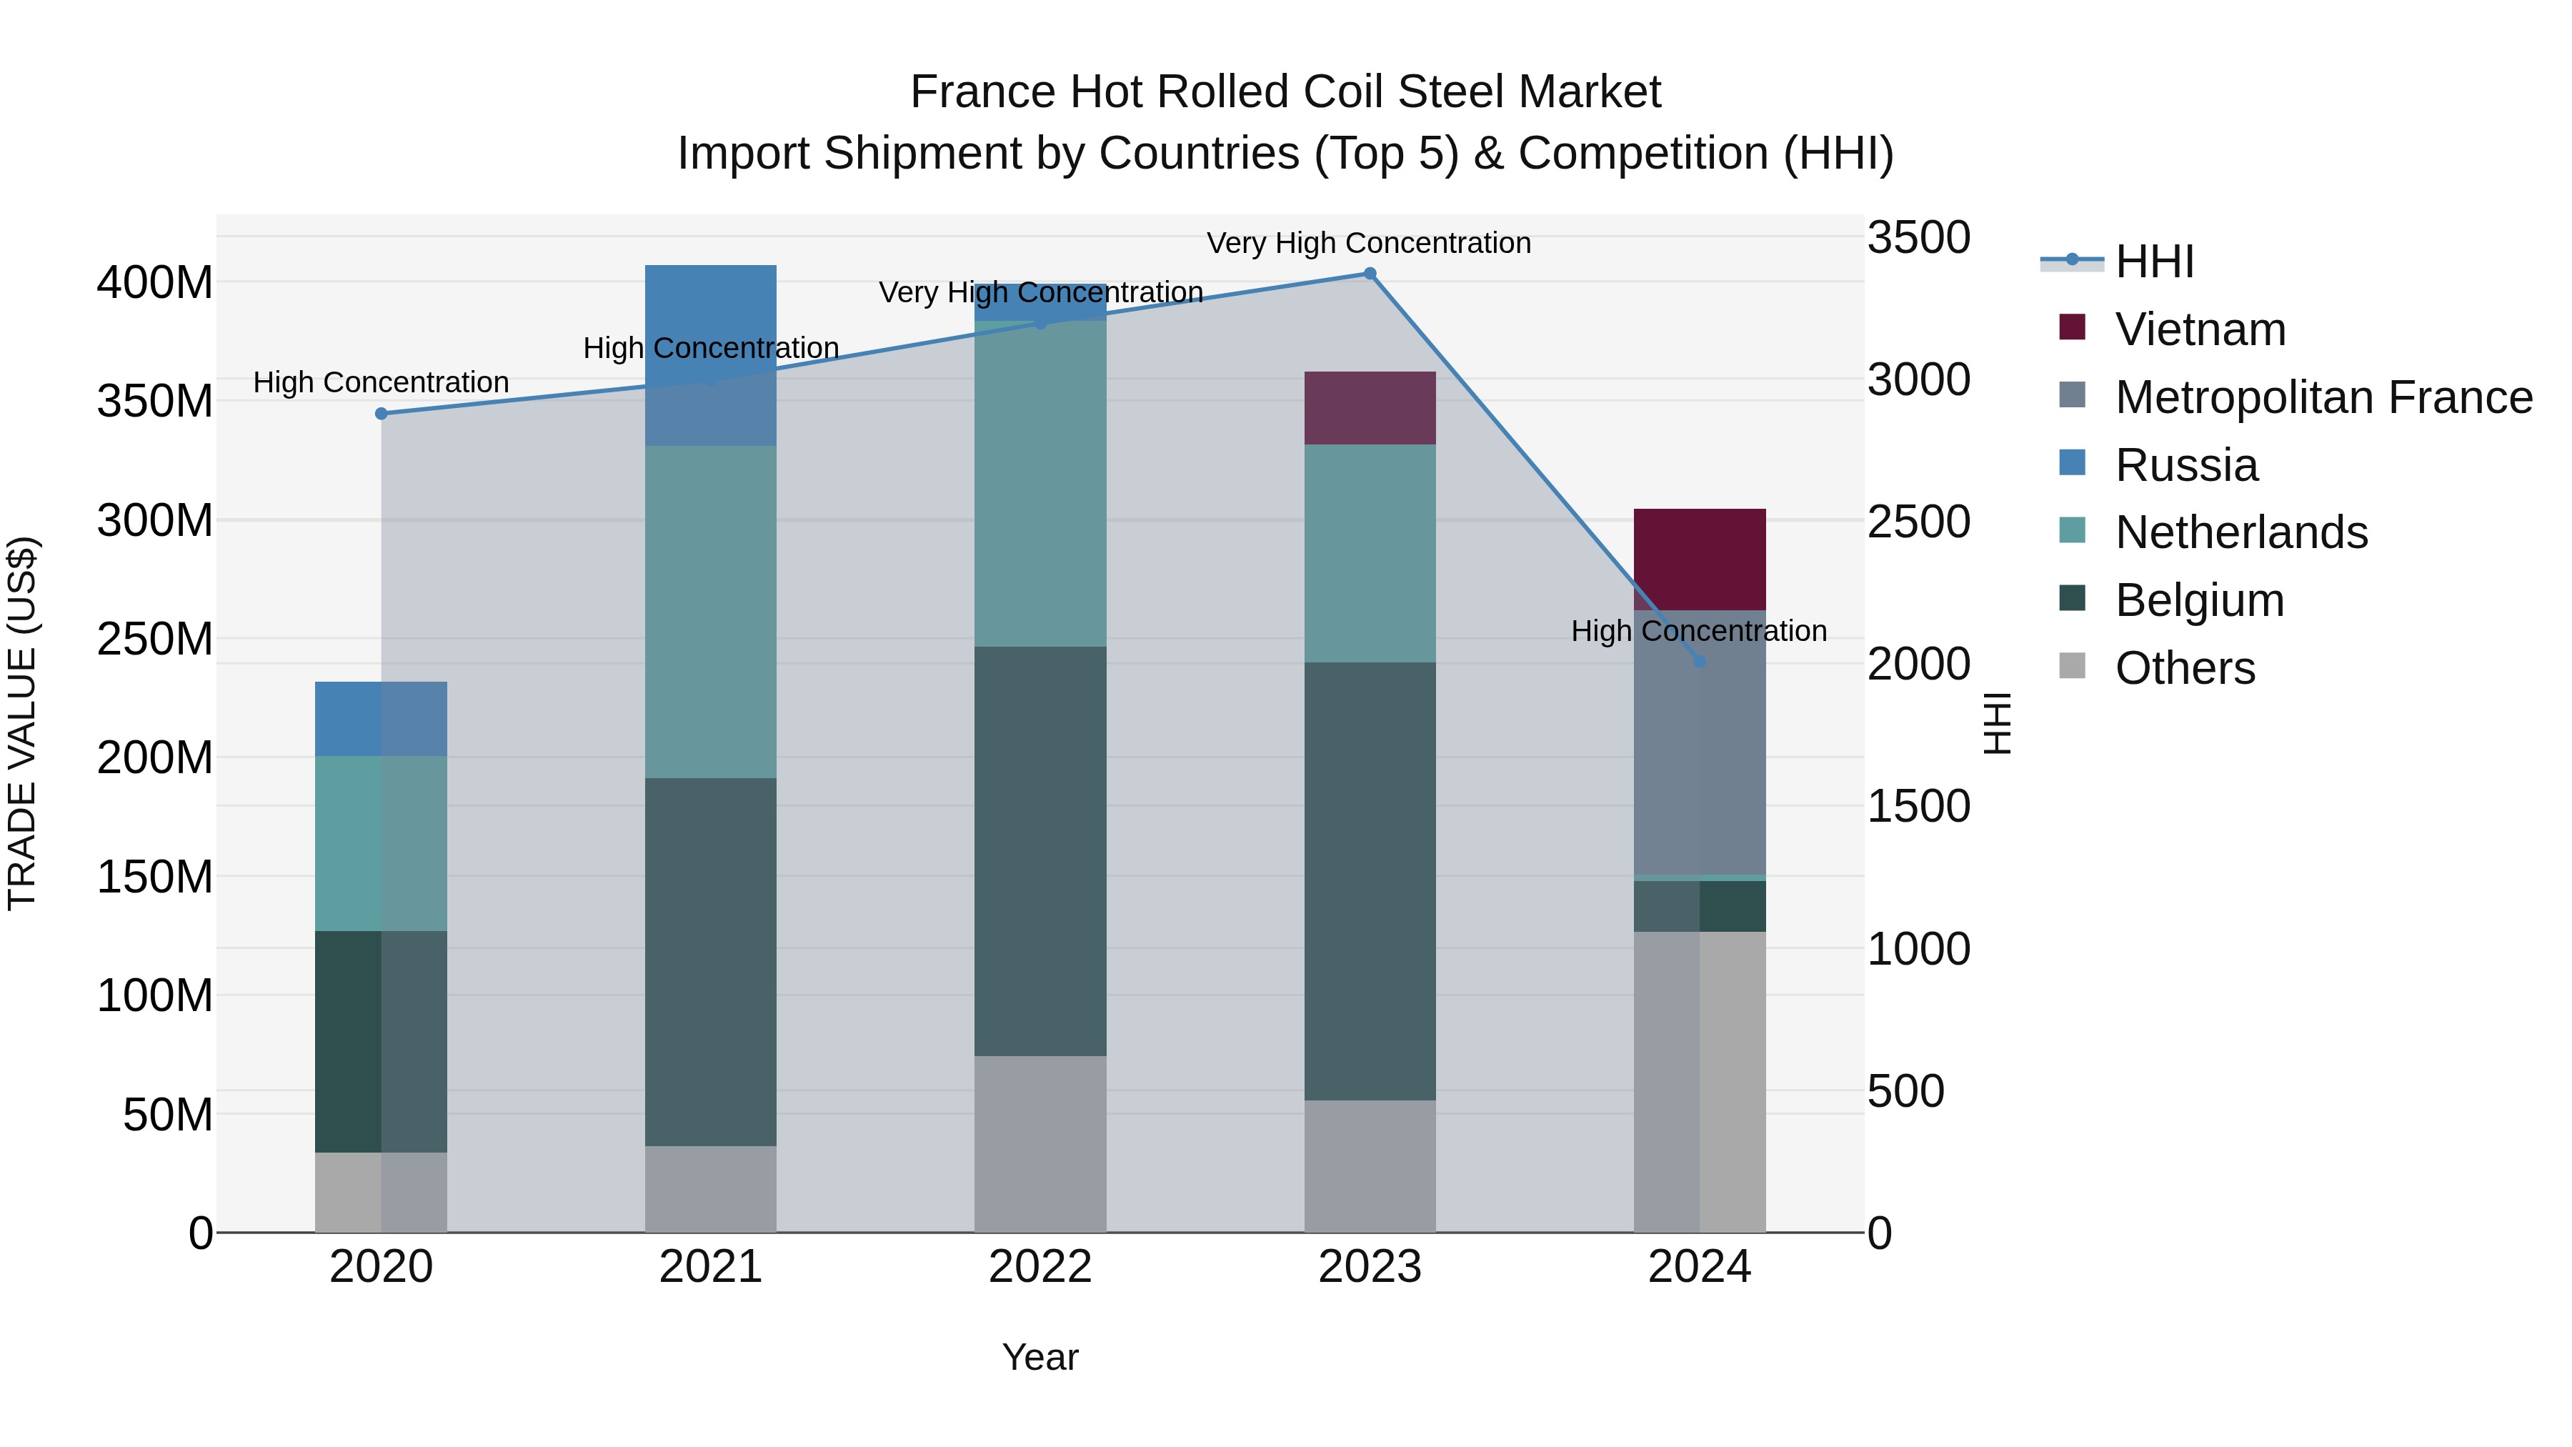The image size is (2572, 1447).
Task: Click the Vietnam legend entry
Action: click(2200, 329)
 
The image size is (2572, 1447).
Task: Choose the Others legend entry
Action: click(2185, 668)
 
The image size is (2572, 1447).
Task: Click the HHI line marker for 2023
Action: click(1370, 274)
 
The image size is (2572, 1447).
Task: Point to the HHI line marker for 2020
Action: click(382, 414)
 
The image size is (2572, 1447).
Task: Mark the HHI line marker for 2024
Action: click(1700, 661)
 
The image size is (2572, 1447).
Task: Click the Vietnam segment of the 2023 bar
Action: click(1370, 407)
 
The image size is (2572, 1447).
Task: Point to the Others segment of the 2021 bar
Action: click(711, 1188)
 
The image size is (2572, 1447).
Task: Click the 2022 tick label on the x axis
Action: click(1040, 1267)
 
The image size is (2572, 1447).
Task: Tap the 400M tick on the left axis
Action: click(155, 282)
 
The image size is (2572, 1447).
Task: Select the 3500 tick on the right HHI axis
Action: click(1918, 238)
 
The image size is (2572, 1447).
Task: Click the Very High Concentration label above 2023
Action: click(1369, 243)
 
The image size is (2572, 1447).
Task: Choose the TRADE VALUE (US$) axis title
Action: click(23, 723)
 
